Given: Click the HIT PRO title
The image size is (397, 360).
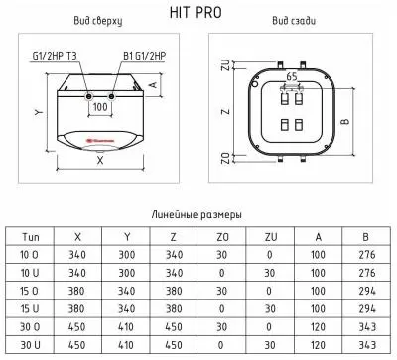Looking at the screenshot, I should [x=198, y=11].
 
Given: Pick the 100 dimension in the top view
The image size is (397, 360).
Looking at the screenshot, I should [x=99, y=106].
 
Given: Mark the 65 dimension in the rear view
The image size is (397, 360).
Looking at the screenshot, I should [x=291, y=75].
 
